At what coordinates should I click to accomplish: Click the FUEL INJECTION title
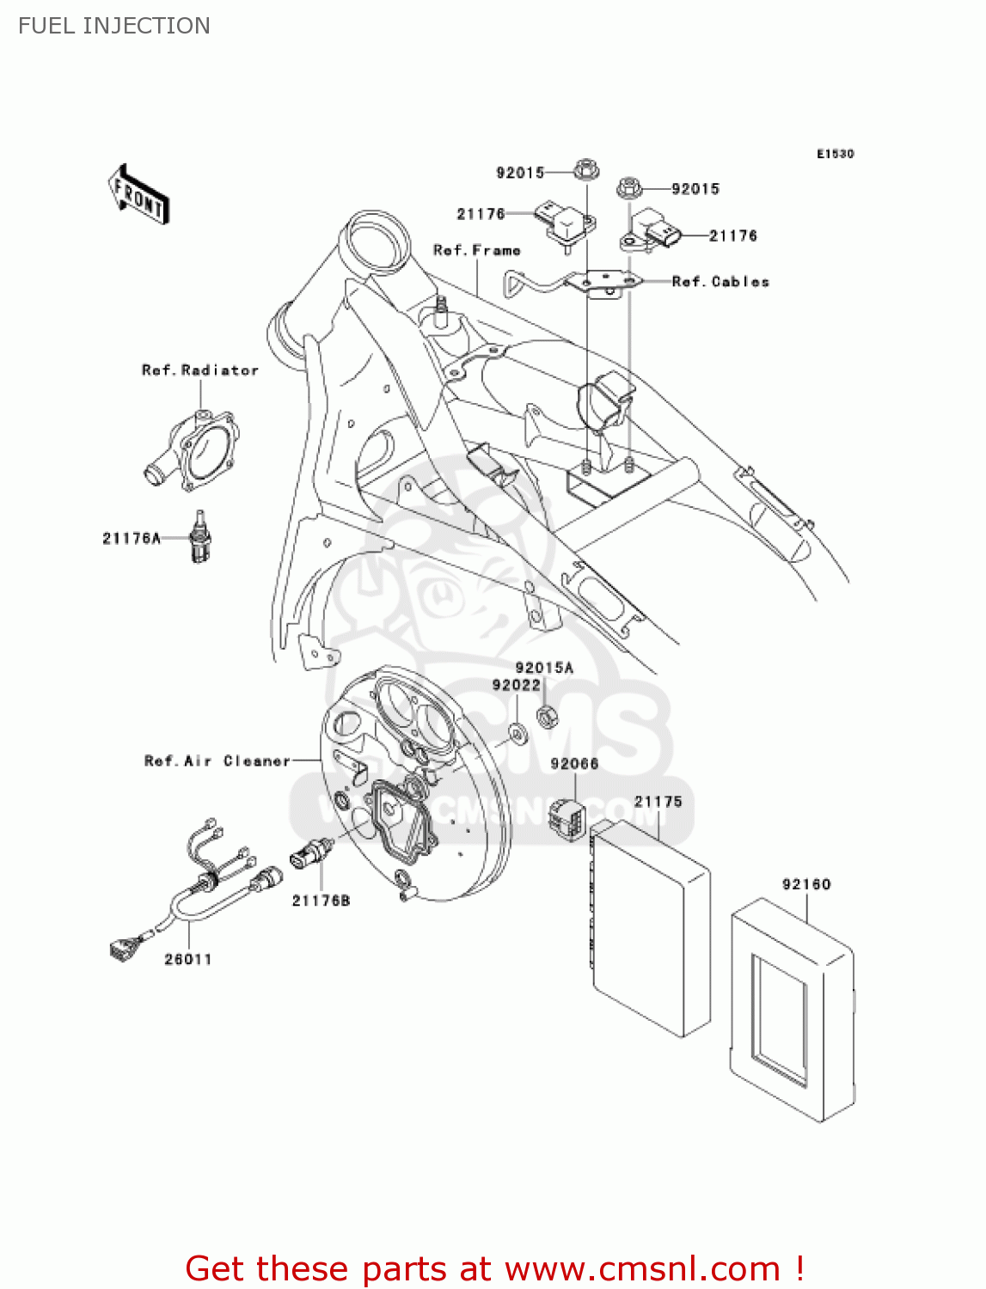click(114, 26)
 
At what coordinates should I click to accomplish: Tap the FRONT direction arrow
click(138, 195)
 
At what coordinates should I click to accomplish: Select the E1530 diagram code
click(835, 154)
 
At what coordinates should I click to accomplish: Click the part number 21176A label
click(132, 539)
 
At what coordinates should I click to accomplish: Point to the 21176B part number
click(321, 901)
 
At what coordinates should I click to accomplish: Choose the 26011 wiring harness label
click(188, 959)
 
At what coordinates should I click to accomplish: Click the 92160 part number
click(806, 884)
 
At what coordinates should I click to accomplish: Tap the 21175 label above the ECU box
click(658, 802)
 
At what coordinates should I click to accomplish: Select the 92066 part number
click(574, 764)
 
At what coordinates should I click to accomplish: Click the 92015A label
click(544, 668)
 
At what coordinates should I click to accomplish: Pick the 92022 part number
click(517, 685)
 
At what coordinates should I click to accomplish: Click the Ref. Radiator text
click(200, 370)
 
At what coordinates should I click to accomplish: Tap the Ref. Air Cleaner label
click(217, 761)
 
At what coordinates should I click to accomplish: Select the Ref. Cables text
click(720, 282)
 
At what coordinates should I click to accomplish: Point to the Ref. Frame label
click(477, 250)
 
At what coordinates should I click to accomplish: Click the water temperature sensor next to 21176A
click(200, 539)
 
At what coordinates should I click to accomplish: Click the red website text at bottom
click(494, 1268)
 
